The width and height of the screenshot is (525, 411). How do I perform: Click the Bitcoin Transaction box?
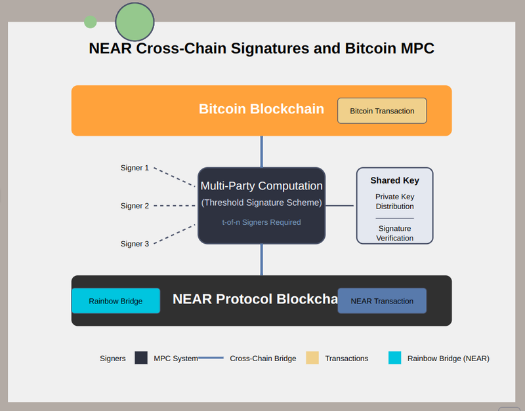click(382, 111)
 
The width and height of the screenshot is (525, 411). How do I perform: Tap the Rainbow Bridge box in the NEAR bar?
click(115, 301)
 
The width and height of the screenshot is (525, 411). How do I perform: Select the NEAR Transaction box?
click(382, 301)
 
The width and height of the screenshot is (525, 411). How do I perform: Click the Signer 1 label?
click(135, 168)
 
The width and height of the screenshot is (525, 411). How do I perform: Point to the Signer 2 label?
click(135, 206)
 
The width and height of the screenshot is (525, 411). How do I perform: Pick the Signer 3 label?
click(135, 244)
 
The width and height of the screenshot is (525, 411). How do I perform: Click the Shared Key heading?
click(394, 180)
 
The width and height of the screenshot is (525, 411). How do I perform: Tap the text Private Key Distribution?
click(394, 201)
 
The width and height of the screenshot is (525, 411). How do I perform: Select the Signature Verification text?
click(394, 233)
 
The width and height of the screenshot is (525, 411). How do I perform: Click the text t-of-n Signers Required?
click(261, 222)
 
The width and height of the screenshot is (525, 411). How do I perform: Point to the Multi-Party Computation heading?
click(261, 186)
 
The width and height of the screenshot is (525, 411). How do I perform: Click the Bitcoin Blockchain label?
click(261, 109)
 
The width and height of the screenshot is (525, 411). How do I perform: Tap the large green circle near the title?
click(135, 22)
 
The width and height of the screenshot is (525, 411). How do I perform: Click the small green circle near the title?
click(91, 22)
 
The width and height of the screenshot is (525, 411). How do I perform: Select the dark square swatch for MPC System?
click(141, 358)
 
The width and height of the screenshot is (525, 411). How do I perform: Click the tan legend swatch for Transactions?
click(312, 358)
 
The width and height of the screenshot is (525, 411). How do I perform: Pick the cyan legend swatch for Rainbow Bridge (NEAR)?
click(394, 358)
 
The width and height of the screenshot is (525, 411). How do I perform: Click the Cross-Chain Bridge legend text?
click(262, 359)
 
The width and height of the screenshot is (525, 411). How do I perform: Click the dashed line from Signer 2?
click(174, 206)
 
